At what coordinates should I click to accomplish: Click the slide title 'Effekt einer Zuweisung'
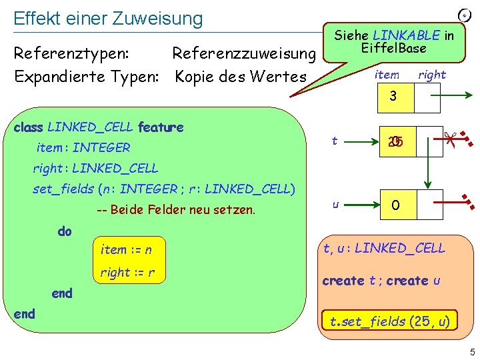tap(108, 18)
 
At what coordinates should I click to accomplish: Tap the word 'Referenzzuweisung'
tap(243, 52)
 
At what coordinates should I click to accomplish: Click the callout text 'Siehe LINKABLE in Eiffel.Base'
tap(394, 41)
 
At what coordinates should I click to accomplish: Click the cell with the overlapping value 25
tap(393, 141)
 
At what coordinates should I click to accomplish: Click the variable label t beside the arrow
tap(334, 140)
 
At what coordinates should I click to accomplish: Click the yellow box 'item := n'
tap(126, 250)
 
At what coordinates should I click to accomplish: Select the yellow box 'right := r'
tap(127, 272)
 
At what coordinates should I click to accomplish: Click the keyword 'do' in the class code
tap(65, 231)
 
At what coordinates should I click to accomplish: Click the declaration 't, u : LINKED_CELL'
tap(383, 249)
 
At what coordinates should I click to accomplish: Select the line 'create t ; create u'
tap(381, 281)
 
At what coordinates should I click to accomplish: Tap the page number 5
tap(470, 351)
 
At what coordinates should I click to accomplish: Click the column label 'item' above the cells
tap(387, 75)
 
